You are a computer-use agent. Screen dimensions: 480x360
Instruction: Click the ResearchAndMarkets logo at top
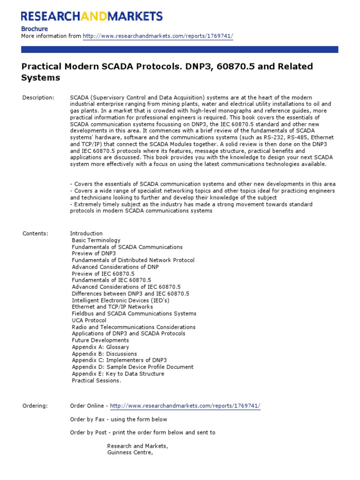[92, 16]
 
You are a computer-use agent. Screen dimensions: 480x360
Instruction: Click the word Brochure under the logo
[35, 29]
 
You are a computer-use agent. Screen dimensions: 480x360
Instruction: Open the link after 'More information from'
[158, 36]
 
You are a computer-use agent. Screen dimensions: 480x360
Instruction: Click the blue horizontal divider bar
[180, 49]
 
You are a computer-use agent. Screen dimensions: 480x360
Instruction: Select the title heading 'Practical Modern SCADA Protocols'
[167, 72]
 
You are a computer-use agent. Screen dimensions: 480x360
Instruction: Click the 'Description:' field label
[38, 97]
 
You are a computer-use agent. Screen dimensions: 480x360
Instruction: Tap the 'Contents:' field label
[36, 233]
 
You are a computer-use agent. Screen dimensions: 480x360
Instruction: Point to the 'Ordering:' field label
[35, 406]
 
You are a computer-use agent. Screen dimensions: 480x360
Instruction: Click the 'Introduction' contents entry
[86, 233]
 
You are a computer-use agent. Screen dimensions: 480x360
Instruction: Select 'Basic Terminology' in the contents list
[96, 240]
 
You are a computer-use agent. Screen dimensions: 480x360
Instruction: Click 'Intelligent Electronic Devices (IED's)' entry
[120, 300]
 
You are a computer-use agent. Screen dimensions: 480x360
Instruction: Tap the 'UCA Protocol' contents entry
[89, 320]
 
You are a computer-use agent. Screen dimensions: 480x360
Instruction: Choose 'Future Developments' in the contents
[100, 340]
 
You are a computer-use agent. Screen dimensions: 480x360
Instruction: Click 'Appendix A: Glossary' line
[100, 347]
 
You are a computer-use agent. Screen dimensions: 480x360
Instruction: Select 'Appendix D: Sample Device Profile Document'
[133, 367]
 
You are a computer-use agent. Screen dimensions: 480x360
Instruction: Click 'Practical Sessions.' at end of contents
[96, 381]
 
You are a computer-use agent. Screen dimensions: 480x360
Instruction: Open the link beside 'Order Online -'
[185, 406]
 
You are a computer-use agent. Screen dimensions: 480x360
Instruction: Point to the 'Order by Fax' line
[119, 420]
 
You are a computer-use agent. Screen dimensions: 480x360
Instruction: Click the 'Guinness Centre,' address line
[130, 453]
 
